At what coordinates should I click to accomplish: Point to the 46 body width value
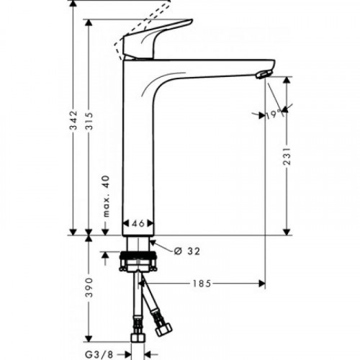pyautogui.click(x=137, y=225)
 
